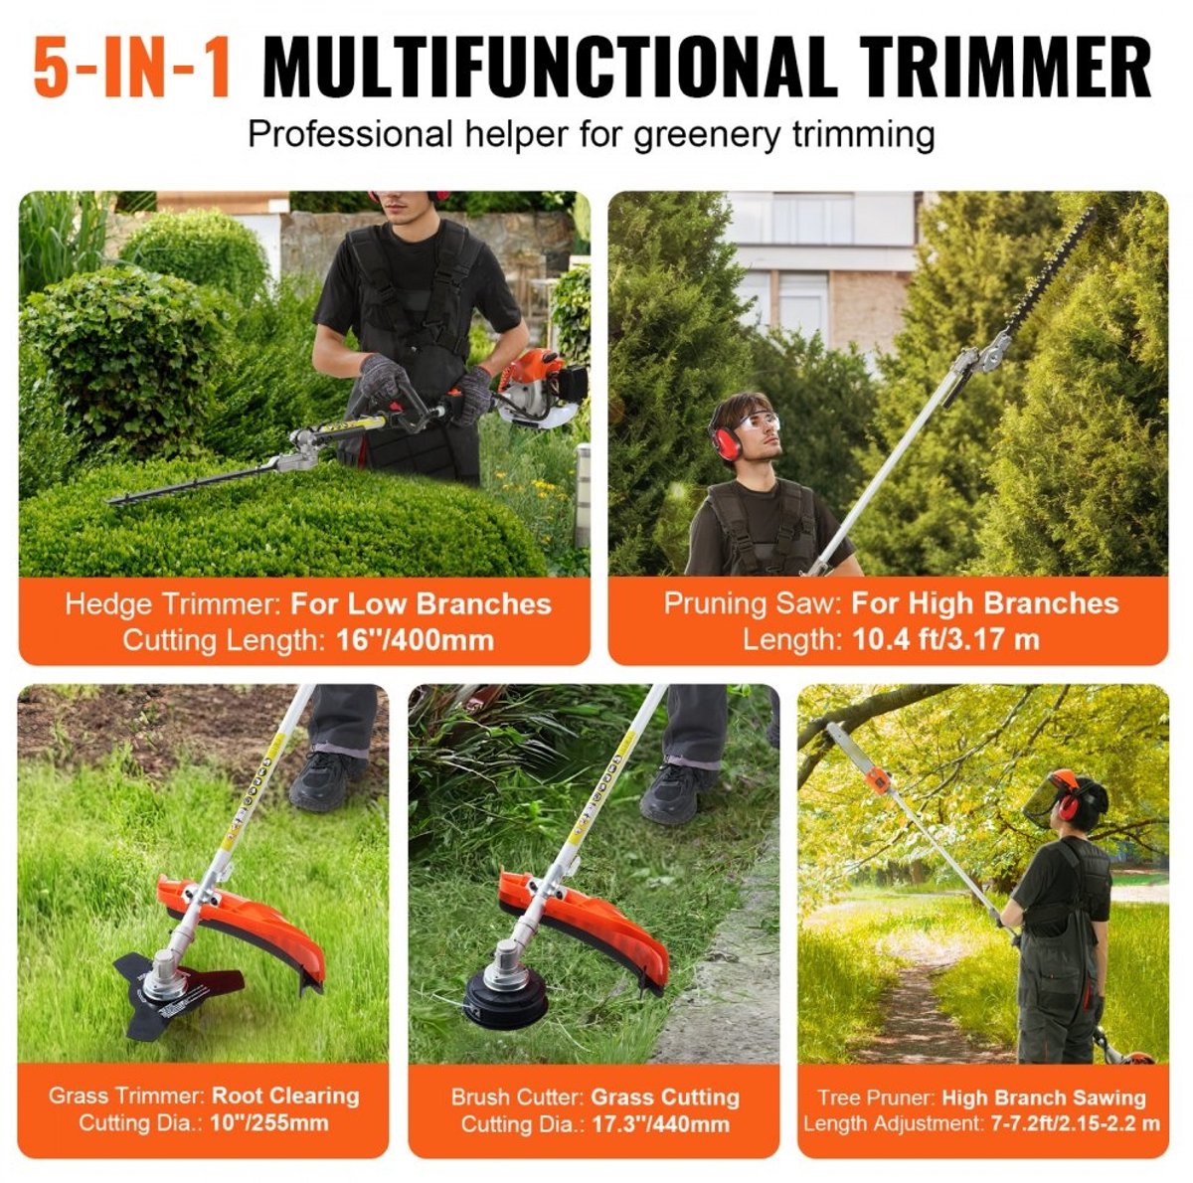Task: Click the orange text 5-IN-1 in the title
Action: click(x=132, y=69)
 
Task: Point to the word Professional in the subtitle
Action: click(x=350, y=134)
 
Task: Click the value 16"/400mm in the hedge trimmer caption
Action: click(x=416, y=640)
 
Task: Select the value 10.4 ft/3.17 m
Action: click(x=946, y=639)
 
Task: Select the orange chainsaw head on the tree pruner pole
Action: click(x=878, y=779)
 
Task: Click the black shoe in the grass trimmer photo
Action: click(x=325, y=779)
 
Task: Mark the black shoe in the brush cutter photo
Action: click(x=675, y=792)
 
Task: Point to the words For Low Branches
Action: click(x=421, y=604)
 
